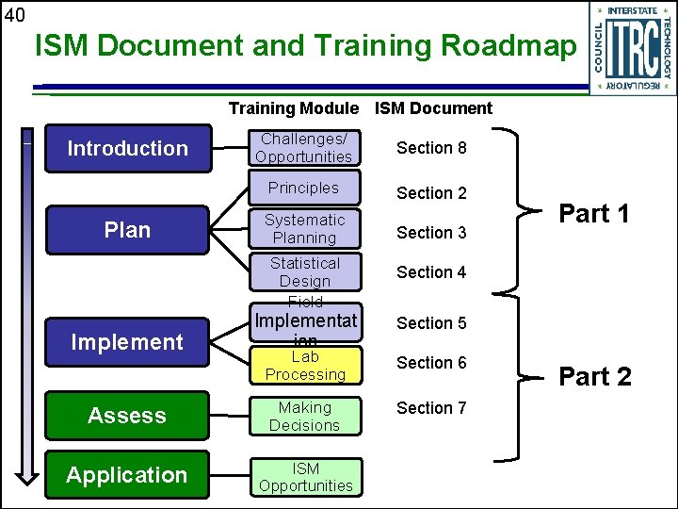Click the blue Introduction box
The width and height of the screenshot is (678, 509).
click(x=128, y=149)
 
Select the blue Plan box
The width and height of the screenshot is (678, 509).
click(x=128, y=230)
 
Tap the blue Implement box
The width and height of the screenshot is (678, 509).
click(x=128, y=342)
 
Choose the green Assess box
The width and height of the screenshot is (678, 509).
click(x=128, y=416)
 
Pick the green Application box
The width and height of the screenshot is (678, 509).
click(x=128, y=475)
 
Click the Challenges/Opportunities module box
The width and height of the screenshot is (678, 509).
click(x=304, y=148)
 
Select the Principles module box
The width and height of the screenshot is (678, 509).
click(x=304, y=188)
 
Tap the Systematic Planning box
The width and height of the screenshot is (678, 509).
click(x=304, y=229)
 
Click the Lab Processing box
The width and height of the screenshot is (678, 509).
click(x=304, y=366)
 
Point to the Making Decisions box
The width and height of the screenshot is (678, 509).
click(x=304, y=417)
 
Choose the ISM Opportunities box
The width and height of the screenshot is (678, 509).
click(x=304, y=477)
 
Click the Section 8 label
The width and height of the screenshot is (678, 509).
click(x=431, y=148)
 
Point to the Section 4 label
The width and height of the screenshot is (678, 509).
click(x=431, y=272)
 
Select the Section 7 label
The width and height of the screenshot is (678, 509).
click(x=431, y=408)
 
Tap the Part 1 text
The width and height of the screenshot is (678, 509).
click(x=594, y=214)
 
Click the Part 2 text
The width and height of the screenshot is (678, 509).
click(x=595, y=377)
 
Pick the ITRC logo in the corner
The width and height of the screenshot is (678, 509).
click(x=632, y=48)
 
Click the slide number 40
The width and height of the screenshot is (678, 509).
click(x=14, y=14)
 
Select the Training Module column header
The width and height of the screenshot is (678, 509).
click(x=294, y=108)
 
